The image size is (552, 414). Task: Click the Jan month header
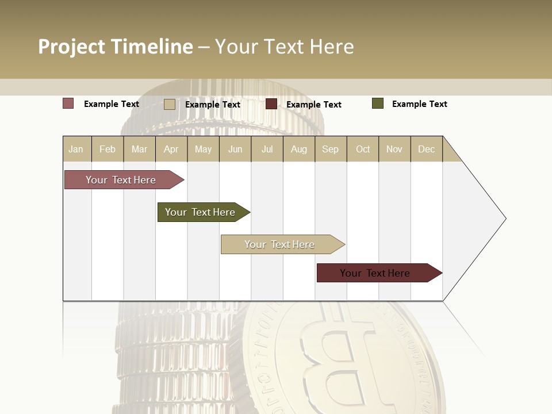tap(76, 149)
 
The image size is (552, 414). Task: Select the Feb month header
tap(108, 149)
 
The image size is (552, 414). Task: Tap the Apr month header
tap(171, 149)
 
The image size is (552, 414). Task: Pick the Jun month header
tap(235, 149)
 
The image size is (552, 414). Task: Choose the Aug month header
tap(298, 149)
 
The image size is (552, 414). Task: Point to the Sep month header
tap(330, 149)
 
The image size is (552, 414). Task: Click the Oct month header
tap(363, 149)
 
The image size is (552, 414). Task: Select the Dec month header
tap(426, 149)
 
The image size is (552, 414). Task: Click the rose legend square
tap(68, 103)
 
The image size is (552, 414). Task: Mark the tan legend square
tap(169, 104)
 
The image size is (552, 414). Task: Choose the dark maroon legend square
tap(271, 104)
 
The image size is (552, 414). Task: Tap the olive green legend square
tap(377, 103)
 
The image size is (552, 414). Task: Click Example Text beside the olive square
tap(419, 104)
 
